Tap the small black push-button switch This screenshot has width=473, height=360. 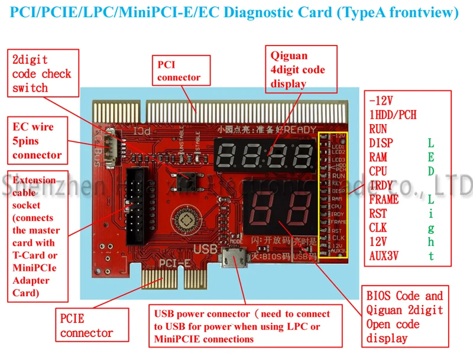tap(190, 176)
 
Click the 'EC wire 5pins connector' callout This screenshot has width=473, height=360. tap(37, 141)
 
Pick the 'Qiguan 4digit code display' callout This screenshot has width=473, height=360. tap(297, 70)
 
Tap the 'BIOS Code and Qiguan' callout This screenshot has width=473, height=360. tap(404, 317)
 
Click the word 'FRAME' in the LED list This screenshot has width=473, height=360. tap(384, 199)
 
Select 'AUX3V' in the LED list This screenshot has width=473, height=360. tap(384, 256)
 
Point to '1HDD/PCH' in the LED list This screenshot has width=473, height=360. tap(393, 115)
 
